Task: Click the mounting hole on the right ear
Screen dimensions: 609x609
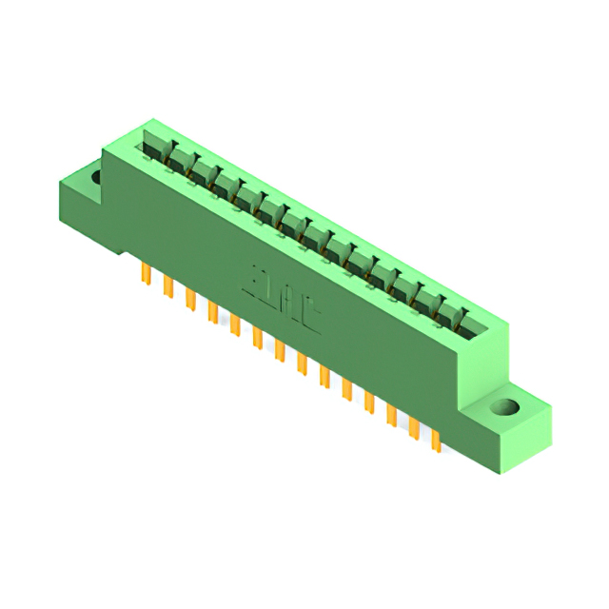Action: [505, 409]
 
